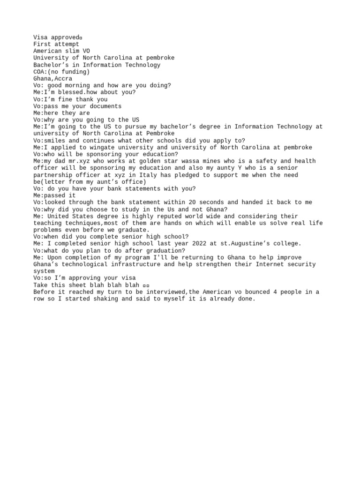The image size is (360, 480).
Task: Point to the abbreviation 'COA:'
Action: click(40, 72)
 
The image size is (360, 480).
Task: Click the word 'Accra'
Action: click(63, 79)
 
